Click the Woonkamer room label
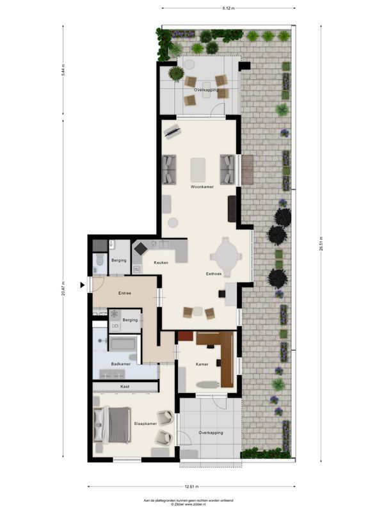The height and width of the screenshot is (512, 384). click(202, 187)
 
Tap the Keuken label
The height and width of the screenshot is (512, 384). click(161, 263)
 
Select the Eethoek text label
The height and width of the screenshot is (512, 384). click(214, 274)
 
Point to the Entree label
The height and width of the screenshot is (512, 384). click(125, 293)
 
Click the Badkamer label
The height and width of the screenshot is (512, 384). click(120, 364)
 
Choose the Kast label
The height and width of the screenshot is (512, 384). click(125, 387)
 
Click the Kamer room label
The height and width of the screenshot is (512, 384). click(202, 364)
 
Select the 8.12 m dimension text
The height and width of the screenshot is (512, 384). click(228, 8)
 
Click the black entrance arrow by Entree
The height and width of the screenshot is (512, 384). click(83, 285)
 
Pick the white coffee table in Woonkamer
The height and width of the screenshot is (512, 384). click(198, 170)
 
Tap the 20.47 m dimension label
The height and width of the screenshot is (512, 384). click(63, 289)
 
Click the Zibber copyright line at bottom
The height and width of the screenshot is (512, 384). click(192, 504)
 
